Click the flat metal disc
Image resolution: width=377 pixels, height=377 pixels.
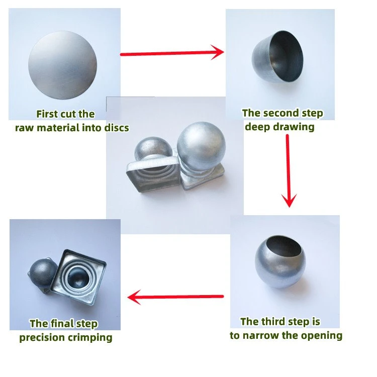(x=62, y=65)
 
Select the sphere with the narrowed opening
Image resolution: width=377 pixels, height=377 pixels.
(x=280, y=261)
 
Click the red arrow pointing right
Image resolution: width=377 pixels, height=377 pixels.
(x=172, y=53)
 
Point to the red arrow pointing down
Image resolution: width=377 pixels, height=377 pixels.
(x=289, y=171)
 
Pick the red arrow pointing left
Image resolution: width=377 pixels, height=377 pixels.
(x=175, y=297)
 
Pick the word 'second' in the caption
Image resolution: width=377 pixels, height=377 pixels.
(x=279, y=113)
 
